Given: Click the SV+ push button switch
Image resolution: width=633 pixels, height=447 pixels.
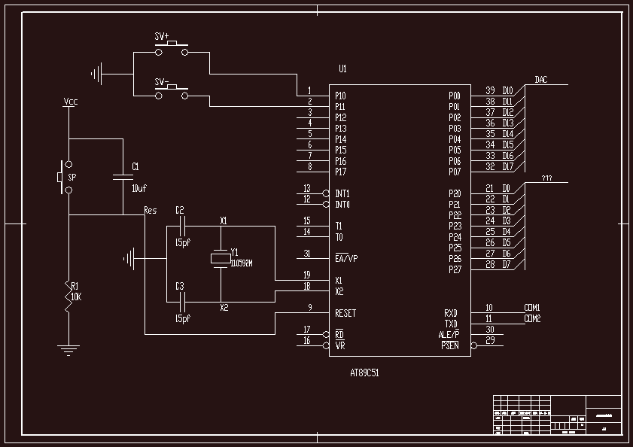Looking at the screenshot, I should tap(172, 50).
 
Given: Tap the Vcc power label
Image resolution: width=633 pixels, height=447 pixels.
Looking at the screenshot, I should tap(71, 102).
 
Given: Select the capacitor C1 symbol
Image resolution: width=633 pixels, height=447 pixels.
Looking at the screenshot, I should tap(123, 178).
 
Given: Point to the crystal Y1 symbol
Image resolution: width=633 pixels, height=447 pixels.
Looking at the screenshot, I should tap(220, 258).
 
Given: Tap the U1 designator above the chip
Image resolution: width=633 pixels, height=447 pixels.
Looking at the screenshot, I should tap(342, 69).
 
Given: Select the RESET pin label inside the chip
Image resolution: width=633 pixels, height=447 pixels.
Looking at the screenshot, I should tap(345, 313).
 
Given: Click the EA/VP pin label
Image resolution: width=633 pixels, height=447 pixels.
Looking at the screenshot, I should tap(346, 258).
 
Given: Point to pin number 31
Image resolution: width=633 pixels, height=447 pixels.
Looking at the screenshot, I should tap(307, 254).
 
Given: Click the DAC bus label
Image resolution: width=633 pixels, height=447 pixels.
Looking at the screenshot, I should tap(540, 80).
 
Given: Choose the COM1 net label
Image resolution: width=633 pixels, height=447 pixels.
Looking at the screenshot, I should tap(532, 308).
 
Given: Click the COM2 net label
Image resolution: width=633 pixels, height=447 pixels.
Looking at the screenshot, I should tap(532, 318).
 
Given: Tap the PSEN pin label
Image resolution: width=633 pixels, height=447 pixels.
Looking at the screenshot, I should tap(449, 346).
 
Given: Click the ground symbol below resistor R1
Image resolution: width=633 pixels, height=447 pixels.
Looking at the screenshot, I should tap(68, 348).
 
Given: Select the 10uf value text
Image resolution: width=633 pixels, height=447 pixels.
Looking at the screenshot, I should tap(139, 188).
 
